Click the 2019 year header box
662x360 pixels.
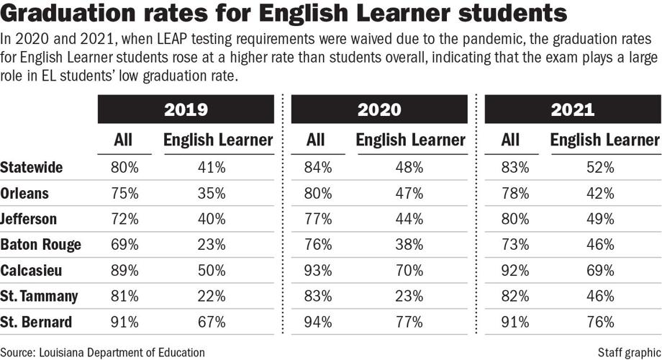point(186,109)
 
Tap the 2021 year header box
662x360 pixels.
point(573,109)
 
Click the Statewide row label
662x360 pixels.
point(32,168)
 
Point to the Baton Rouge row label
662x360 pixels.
point(40,245)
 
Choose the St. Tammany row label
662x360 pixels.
point(40,296)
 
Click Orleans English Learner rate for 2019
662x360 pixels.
point(212,194)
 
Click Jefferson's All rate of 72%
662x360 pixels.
point(124,219)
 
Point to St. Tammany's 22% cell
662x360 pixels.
point(212,296)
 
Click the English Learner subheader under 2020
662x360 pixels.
point(411,140)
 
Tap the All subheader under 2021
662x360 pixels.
point(511,140)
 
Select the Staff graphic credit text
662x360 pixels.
point(628,351)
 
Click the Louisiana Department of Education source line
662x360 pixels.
point(102,351)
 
